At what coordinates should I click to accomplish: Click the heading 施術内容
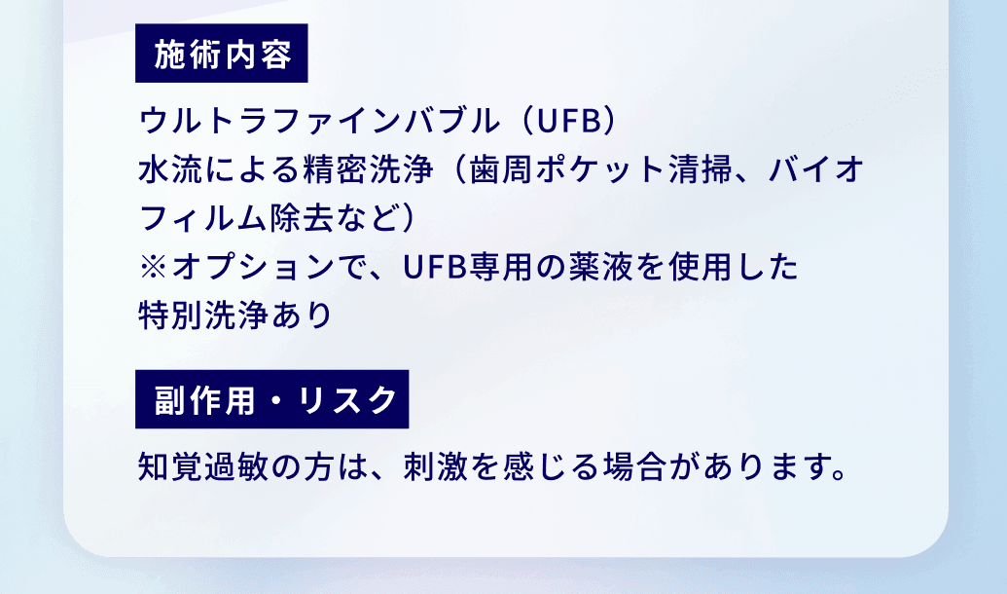[222, 55]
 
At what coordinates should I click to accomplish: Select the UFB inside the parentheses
[567, 123]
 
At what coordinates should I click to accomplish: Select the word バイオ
[816, 170]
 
